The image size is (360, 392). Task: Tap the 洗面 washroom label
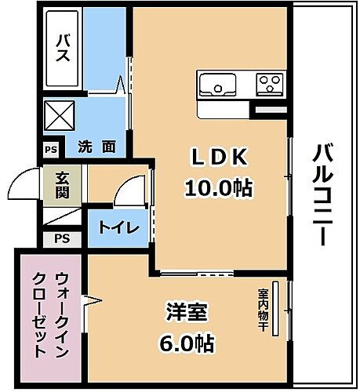point(97,145)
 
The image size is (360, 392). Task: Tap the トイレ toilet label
point(118,228)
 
